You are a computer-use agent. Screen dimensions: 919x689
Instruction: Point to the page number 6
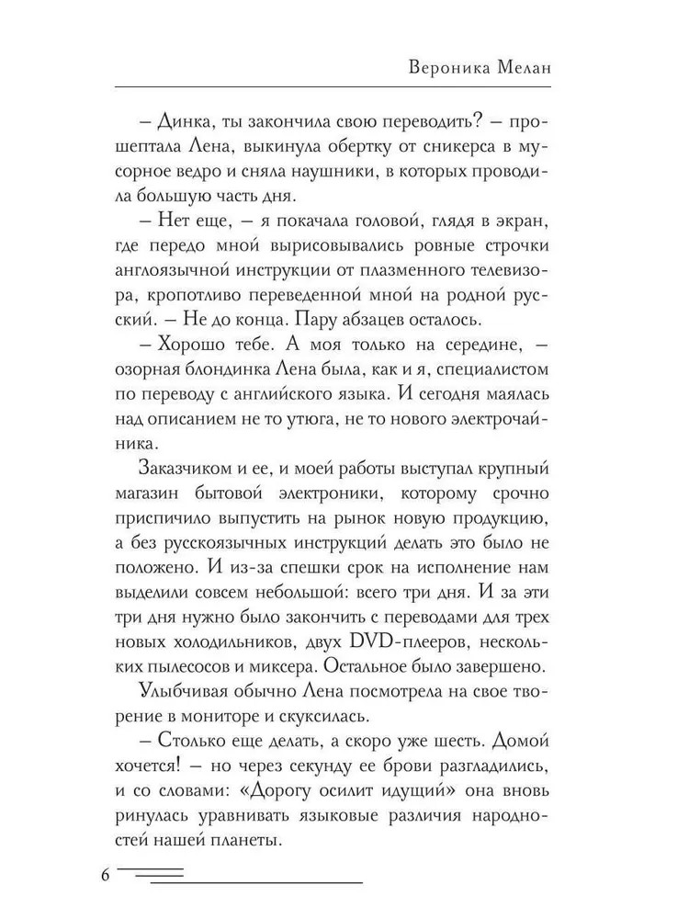pos(106,874)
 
